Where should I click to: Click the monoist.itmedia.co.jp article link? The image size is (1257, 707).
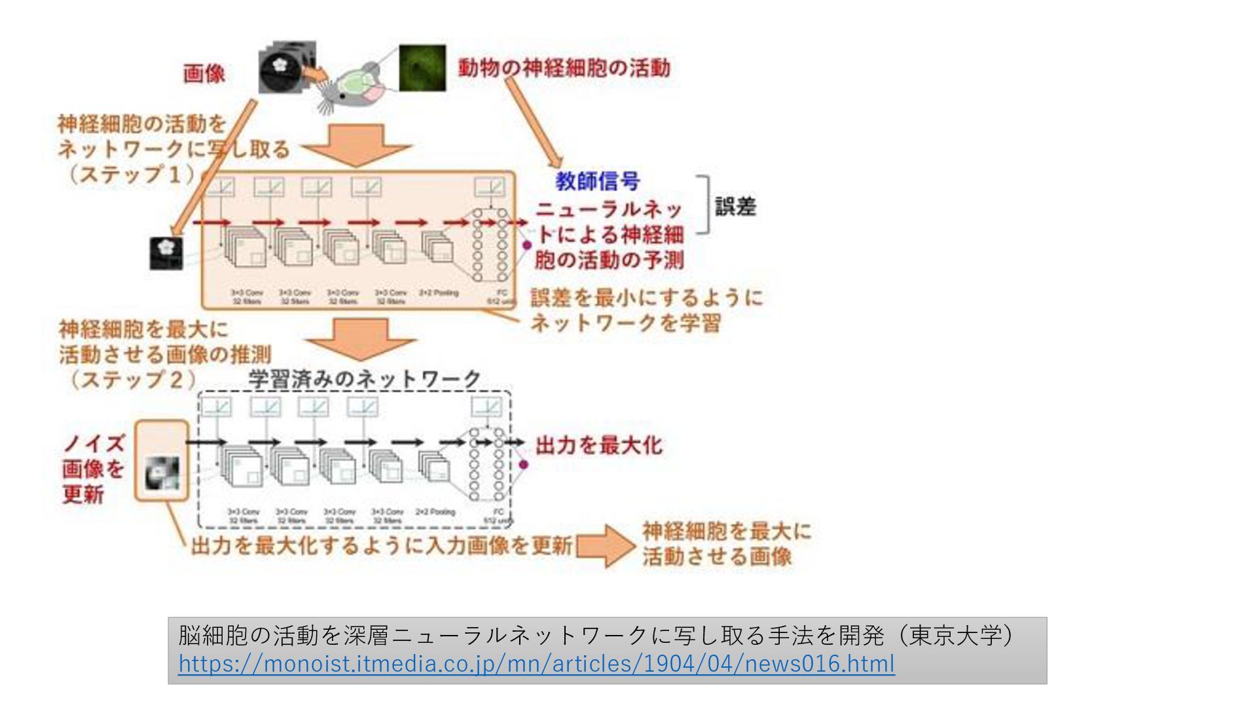[536, 664]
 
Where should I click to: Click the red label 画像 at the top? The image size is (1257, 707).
[204, 73]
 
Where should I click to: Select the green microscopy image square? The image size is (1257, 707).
[422, 67]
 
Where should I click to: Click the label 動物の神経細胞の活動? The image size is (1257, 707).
[564, 68]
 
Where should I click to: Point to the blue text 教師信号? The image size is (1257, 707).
[597, 181]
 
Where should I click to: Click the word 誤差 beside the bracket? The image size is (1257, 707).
[735, 207]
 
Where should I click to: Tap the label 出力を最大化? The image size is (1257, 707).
[598, 446]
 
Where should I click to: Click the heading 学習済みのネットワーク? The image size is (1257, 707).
[365, 379]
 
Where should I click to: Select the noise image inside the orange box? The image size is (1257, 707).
[162, 473]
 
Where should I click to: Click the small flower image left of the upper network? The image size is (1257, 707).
[166, 253]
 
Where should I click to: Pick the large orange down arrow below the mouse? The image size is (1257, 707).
[357, 145]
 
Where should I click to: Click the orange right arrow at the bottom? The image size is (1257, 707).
[605, 546]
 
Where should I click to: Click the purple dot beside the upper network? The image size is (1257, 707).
[527, 245]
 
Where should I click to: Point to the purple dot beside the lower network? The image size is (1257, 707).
[523, 465]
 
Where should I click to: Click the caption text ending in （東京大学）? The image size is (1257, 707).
[596, 635]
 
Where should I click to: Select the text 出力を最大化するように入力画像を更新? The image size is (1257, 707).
[382, 545]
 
